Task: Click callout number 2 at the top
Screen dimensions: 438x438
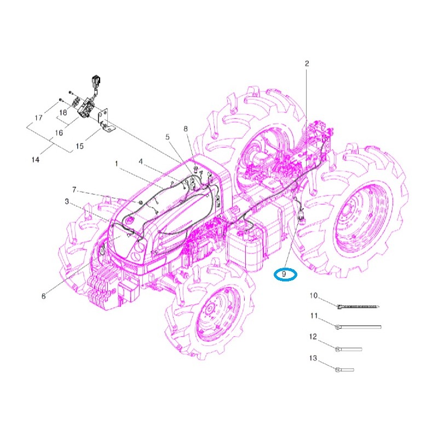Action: pyautogui.click(x=307, y=64)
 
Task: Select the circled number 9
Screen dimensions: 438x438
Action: pyautogui.click(x=285, y=274)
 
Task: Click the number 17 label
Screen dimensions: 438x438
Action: pyautogui.click(x=38, y=118)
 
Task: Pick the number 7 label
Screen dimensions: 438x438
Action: pyautogui.click(x=74, y=191)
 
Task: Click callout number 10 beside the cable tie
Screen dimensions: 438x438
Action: pyautogui.click(x=314, y=296)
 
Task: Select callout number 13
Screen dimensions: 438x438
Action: pyautogui.click(x=314, y=358)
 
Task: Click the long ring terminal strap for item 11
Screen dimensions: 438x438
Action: pyautogui.click(x=359, y=327)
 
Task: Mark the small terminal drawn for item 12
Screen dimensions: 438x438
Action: pyautogui.click(x=349, y=348)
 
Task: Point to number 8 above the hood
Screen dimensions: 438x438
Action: pyautogui.click(x=186, y=129)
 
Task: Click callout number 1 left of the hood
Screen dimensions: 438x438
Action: pyautogui.click(x=116, y=163)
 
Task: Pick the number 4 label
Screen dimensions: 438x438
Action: pyautogui.click(x=141, y=162)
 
